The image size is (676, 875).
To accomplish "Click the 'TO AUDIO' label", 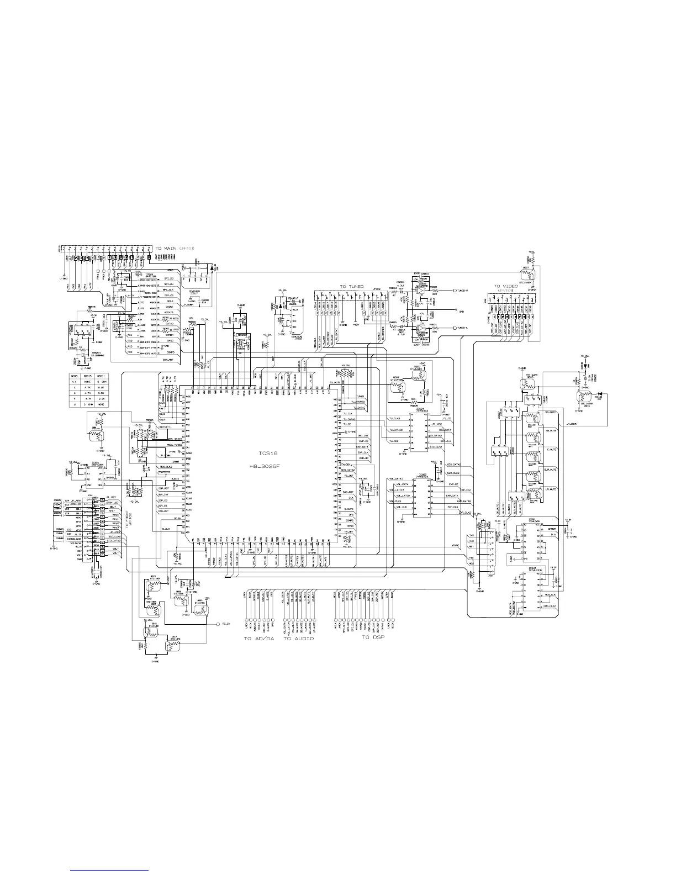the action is point(299,639).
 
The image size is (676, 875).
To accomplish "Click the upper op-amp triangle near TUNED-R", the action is point(421,290).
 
